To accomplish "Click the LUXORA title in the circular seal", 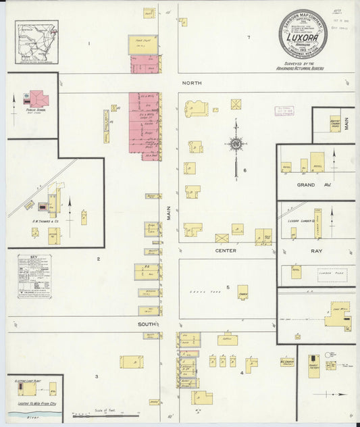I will [303, 38].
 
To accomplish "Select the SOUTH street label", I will [147, 324].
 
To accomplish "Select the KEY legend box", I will [34, 276].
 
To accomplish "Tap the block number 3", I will [97, 376].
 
